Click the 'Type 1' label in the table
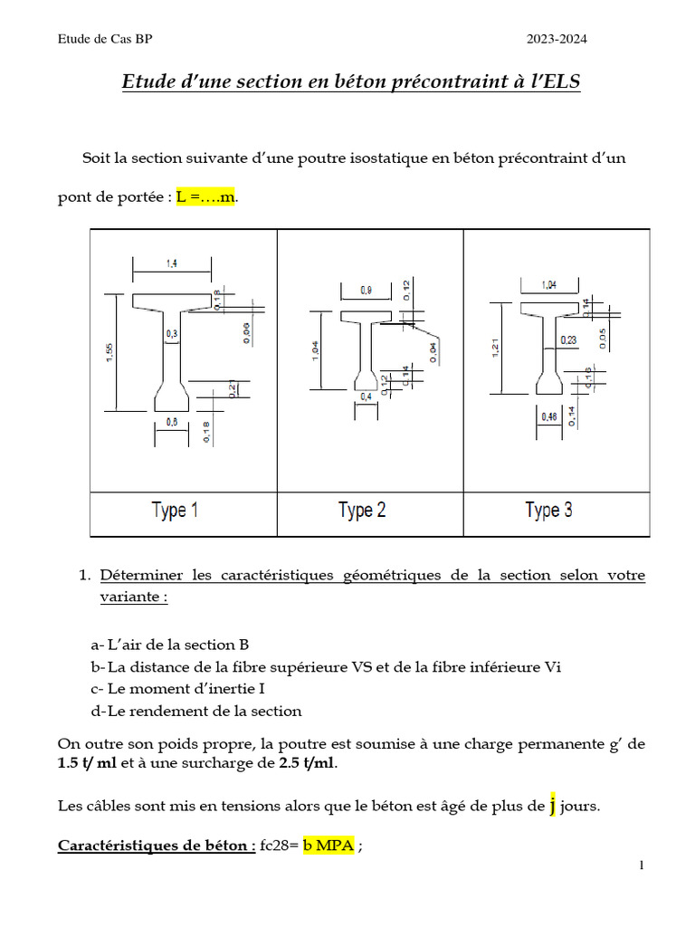click(x=175, y=511)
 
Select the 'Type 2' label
click(x=362, y=511)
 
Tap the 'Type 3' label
click(x=548, y=511)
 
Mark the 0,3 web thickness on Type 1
click(x=171, y=334)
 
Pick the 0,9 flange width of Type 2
click(x=366, y=290)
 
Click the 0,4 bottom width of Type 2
click(x=366, y=397)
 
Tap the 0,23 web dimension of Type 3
click(x=568, y=339)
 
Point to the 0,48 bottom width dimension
click(x=548, y=416)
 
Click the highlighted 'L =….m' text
click(x=205, y=197)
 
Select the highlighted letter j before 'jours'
click(x=552, y=805)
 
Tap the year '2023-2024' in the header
click(x=563, y=39)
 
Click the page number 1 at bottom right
click(x=641, y=866)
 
